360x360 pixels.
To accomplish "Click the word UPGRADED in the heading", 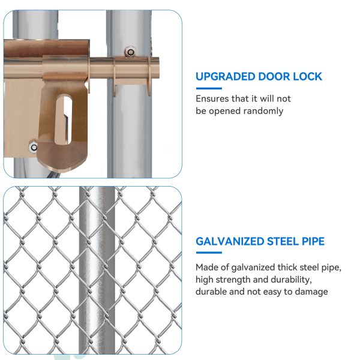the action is (x=225, y=76).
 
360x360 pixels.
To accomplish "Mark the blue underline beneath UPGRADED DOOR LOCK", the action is (x=209, y=88).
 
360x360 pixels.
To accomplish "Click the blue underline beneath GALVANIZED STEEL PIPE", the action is (x=209, y=253).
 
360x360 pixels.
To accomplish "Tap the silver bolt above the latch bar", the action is (x=130, y=52).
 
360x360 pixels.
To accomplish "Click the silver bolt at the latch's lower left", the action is (x=34, y=147).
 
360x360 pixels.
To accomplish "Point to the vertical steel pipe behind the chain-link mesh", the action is (x=97, y=271).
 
